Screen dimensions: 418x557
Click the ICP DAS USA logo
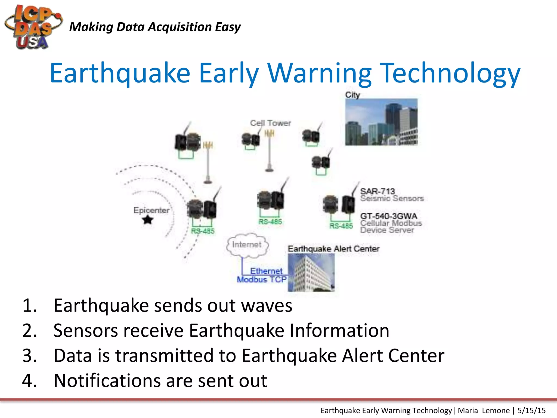click(x=33, y=27)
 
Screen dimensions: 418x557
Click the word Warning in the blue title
click(x=319, y=73)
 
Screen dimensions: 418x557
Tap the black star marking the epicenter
click(x=148, y=220)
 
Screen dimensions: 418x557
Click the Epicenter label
click(x=151, y=210)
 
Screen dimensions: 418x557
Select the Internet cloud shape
click(x=247, y=245)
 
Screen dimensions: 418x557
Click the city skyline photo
click(x=381, y=122)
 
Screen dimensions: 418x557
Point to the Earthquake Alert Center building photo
click(x=311, y=273)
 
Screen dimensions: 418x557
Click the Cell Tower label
click(x=270, y=123)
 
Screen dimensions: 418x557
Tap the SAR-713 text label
click(x=377, y=191)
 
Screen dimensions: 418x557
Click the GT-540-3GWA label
click(x=389, y=216)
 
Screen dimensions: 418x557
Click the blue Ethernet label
click(x=266, y=271)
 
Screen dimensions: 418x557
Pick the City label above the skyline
click(x=352, y=95)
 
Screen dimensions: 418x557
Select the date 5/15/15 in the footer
click(x=531, y=410)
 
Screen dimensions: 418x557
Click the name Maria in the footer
click(x=468, y=410)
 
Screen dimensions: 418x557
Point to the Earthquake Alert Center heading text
click(x=333, y=249)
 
